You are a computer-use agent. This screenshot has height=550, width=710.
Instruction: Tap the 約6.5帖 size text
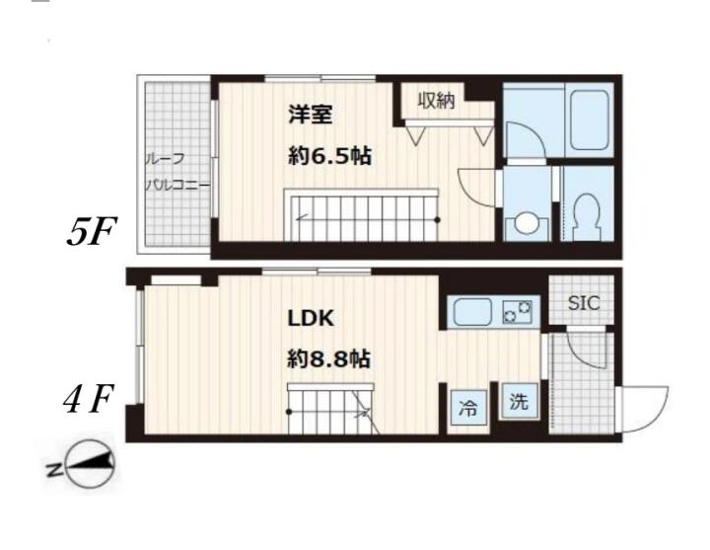point(329,156)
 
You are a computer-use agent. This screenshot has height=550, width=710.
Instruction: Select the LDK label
point(311,318)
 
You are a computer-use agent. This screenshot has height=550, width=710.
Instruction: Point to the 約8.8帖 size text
point(329,359)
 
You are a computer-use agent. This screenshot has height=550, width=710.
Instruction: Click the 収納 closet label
point(436,100)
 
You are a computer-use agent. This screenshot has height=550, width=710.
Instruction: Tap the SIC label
point(584,303)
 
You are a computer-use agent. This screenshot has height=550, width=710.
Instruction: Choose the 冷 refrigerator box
point(468,408)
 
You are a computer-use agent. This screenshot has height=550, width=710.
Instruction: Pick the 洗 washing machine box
point(519,401)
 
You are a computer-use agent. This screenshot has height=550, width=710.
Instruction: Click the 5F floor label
point(92,231)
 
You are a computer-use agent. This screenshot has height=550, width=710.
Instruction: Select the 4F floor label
point(88,399)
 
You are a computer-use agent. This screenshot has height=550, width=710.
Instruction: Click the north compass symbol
point(90,464)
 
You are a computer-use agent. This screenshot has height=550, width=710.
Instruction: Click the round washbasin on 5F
point(527,223)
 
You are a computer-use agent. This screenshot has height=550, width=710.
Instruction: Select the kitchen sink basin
point(472,312)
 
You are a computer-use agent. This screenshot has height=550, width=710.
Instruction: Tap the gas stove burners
point(517,312)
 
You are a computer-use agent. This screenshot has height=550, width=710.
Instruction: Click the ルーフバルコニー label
point(177,172)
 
